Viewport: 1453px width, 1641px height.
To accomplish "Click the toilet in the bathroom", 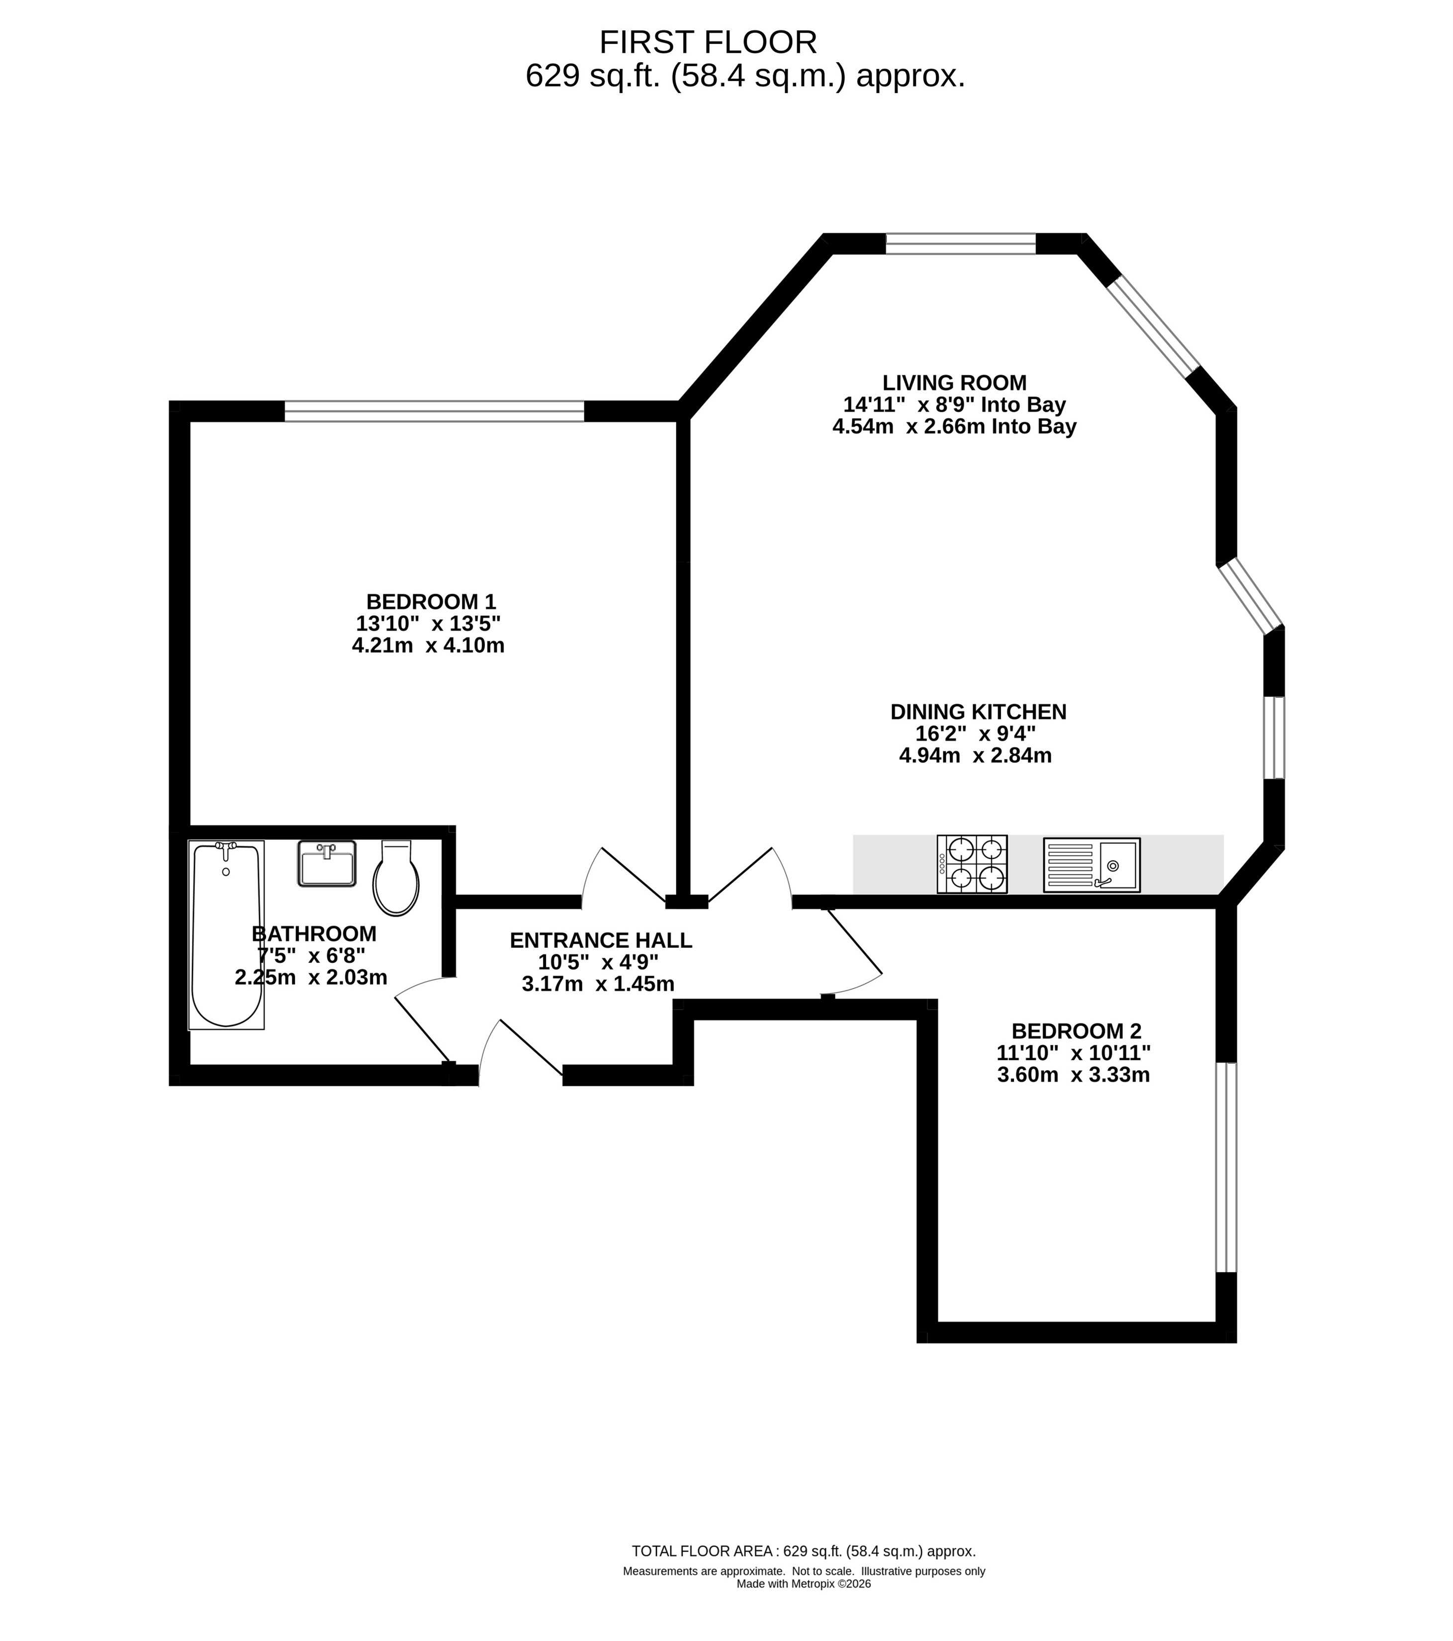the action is pyautogui.click(x=396, y=878).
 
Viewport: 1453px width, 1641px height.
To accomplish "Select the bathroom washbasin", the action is pyautogui.click(x=327, y=863).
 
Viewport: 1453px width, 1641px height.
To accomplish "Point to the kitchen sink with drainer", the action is pyautogui.click(x=1092, y=865).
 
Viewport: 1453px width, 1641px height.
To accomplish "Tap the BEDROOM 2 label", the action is pyautogui.click(x=1077, y=1031).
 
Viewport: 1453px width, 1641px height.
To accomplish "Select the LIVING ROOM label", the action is pyautogui.click(x=954, y=383).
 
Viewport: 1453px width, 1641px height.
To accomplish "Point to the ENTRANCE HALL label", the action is pyautogui.click(x=601, y=940).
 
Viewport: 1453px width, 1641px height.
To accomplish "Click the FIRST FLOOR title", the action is pyautogui.click(x=708, y=42).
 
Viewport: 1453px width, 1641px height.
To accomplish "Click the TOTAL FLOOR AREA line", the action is pyautogui.click(x=804, y=1552).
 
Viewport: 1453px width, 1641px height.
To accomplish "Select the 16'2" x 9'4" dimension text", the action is pyautogui.click(x=975, y=733).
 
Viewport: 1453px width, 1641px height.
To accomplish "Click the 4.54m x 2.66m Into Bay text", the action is pyautogui.click(x=954, y=426).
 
